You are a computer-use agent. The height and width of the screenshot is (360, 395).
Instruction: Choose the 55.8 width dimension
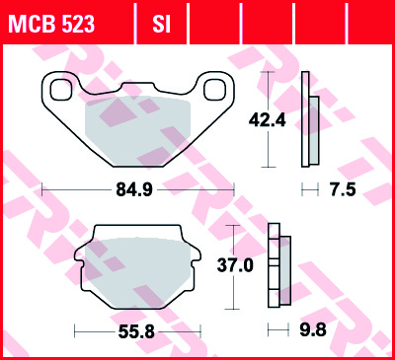[x=135, y=331]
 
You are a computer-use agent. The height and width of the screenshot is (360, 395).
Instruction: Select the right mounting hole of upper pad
[x=213, y=91]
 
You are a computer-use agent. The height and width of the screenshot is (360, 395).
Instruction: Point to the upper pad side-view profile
[x=309, y=118]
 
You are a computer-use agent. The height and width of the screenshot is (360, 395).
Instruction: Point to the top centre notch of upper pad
[x=136, y=88]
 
